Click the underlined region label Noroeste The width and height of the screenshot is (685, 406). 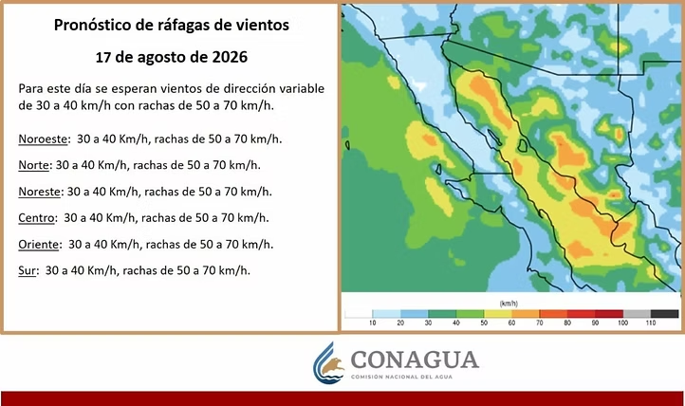(x=43, y=139)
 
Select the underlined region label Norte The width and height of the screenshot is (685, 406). (x=33, y=165)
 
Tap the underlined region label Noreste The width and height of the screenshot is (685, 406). (x=39, y=192)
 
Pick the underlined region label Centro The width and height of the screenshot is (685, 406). (x=36, y=218)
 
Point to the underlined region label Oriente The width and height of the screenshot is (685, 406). (x=38, y=244)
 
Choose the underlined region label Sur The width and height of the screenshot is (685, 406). (x=27, y=270)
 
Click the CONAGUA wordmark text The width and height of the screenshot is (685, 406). (x=415, y=360)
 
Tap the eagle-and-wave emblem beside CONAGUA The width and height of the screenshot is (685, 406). (x=328, y=363)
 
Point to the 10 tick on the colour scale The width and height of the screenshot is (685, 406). (x=372, y=323)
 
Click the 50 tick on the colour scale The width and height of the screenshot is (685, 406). (x=484, y=323)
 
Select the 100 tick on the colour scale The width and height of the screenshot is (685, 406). (x=622, y=323)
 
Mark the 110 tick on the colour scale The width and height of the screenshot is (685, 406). (x=651, y=323)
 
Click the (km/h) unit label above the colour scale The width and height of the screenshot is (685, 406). (x=509, y=304)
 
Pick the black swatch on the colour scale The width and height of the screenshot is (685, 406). (x=664, y=314)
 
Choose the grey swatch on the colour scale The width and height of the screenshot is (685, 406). (x=637, y=314)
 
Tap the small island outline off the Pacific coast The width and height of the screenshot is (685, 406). (x=347, y=145)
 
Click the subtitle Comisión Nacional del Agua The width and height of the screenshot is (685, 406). (x=401, y=377)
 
